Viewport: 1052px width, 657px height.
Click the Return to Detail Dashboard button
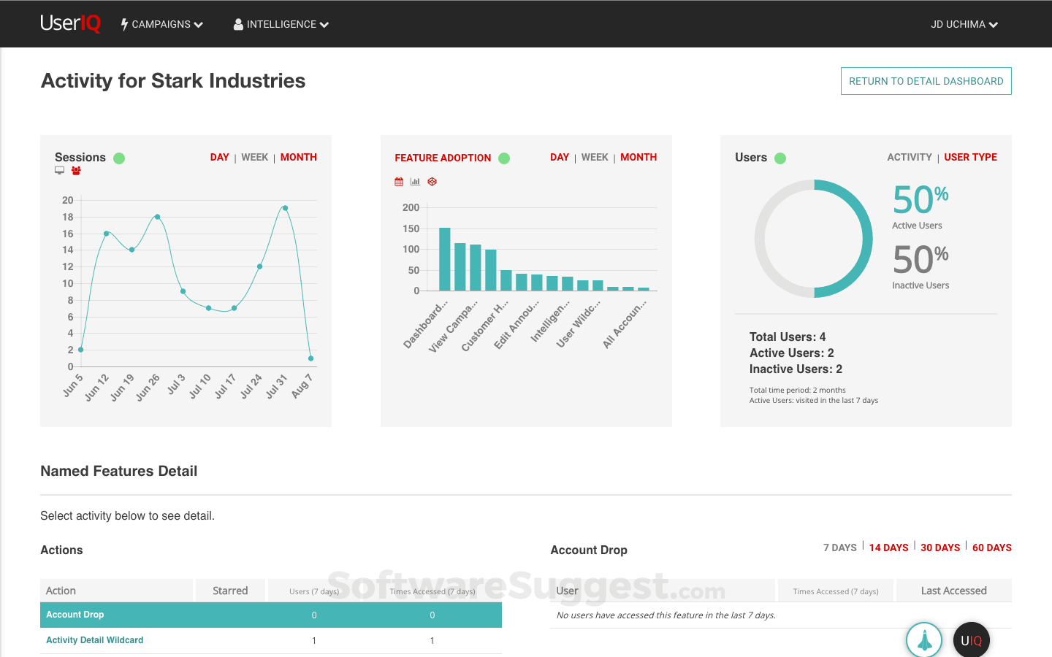coord(926,81)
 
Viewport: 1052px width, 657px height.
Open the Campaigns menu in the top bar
coord(162,24)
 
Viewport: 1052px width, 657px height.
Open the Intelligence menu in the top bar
coord(281,24)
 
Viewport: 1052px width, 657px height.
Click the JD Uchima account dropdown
coord(964,24)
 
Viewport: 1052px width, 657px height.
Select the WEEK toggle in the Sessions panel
coord(255,157)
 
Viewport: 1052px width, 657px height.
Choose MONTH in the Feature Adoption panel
coord(639,157)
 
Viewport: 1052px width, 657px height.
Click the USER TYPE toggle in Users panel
coord(970,157)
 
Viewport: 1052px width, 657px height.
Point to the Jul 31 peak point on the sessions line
coord(285,208)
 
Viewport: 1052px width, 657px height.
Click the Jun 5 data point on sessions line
coord(80,350)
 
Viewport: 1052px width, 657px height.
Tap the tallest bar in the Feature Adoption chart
coord(444,259)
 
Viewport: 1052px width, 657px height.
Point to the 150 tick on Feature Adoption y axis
coord(411,228)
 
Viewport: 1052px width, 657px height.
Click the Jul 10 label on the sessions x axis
coord(199,385)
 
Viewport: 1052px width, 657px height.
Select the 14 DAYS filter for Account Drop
coord(888,547)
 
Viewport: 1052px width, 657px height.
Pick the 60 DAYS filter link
coord(991,547)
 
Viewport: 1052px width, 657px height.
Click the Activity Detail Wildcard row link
coord(95,640)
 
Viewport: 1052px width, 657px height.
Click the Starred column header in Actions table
coord(230,591)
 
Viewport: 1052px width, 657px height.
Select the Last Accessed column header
coord(953,591)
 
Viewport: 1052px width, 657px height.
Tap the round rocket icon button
coord(924,640)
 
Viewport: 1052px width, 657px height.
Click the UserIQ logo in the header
coord(71,23)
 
